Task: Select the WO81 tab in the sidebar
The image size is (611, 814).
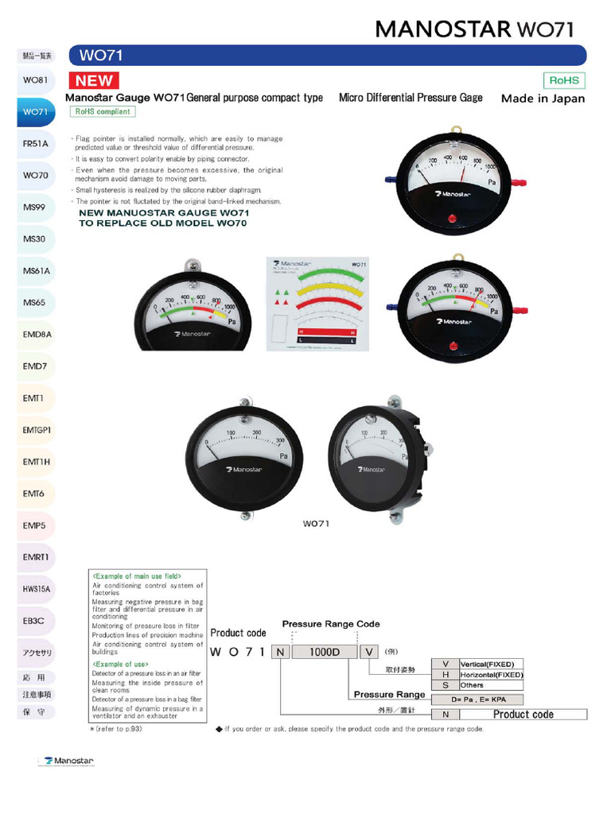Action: point(35,80)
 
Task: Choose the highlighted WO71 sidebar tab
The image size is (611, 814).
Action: point(35,112)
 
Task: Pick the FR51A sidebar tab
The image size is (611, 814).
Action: point(35,144)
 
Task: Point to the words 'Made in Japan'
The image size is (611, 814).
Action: point(543,99)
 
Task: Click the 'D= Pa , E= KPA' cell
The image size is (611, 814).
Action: point(477,700)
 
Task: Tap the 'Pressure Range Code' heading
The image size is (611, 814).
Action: point(331,624)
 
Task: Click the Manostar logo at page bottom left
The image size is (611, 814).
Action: point(69,761)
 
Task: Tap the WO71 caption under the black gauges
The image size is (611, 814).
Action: point(316,524)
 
